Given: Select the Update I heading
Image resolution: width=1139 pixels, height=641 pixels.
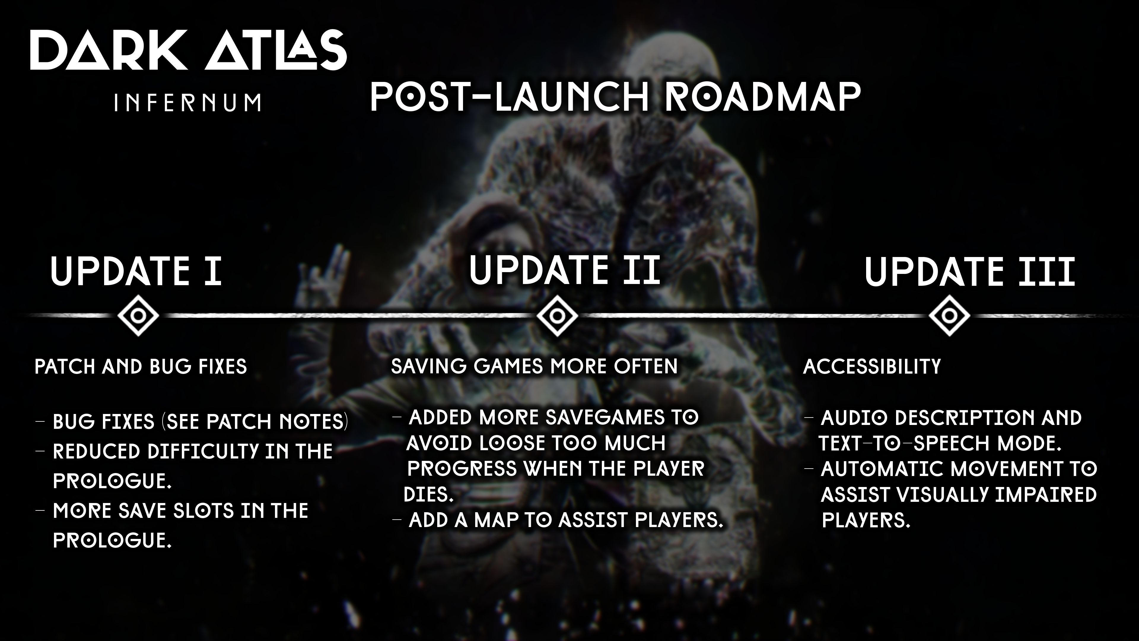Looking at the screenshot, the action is coord(136,271).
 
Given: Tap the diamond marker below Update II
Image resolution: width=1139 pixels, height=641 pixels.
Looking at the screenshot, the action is coord(557,316).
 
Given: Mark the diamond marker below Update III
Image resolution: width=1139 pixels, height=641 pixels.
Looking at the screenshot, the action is coord(949,316).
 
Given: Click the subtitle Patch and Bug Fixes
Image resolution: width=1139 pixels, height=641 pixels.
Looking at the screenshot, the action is coord(141,367).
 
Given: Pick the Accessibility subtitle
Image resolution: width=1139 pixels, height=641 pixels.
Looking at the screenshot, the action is coord(872,367).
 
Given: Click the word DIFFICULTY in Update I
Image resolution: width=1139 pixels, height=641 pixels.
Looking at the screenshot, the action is coord(203,451).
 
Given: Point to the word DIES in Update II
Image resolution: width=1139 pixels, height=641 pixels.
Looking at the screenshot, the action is coord(428,494).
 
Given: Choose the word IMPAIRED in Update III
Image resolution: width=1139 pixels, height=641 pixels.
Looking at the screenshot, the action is coord(1045,495).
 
